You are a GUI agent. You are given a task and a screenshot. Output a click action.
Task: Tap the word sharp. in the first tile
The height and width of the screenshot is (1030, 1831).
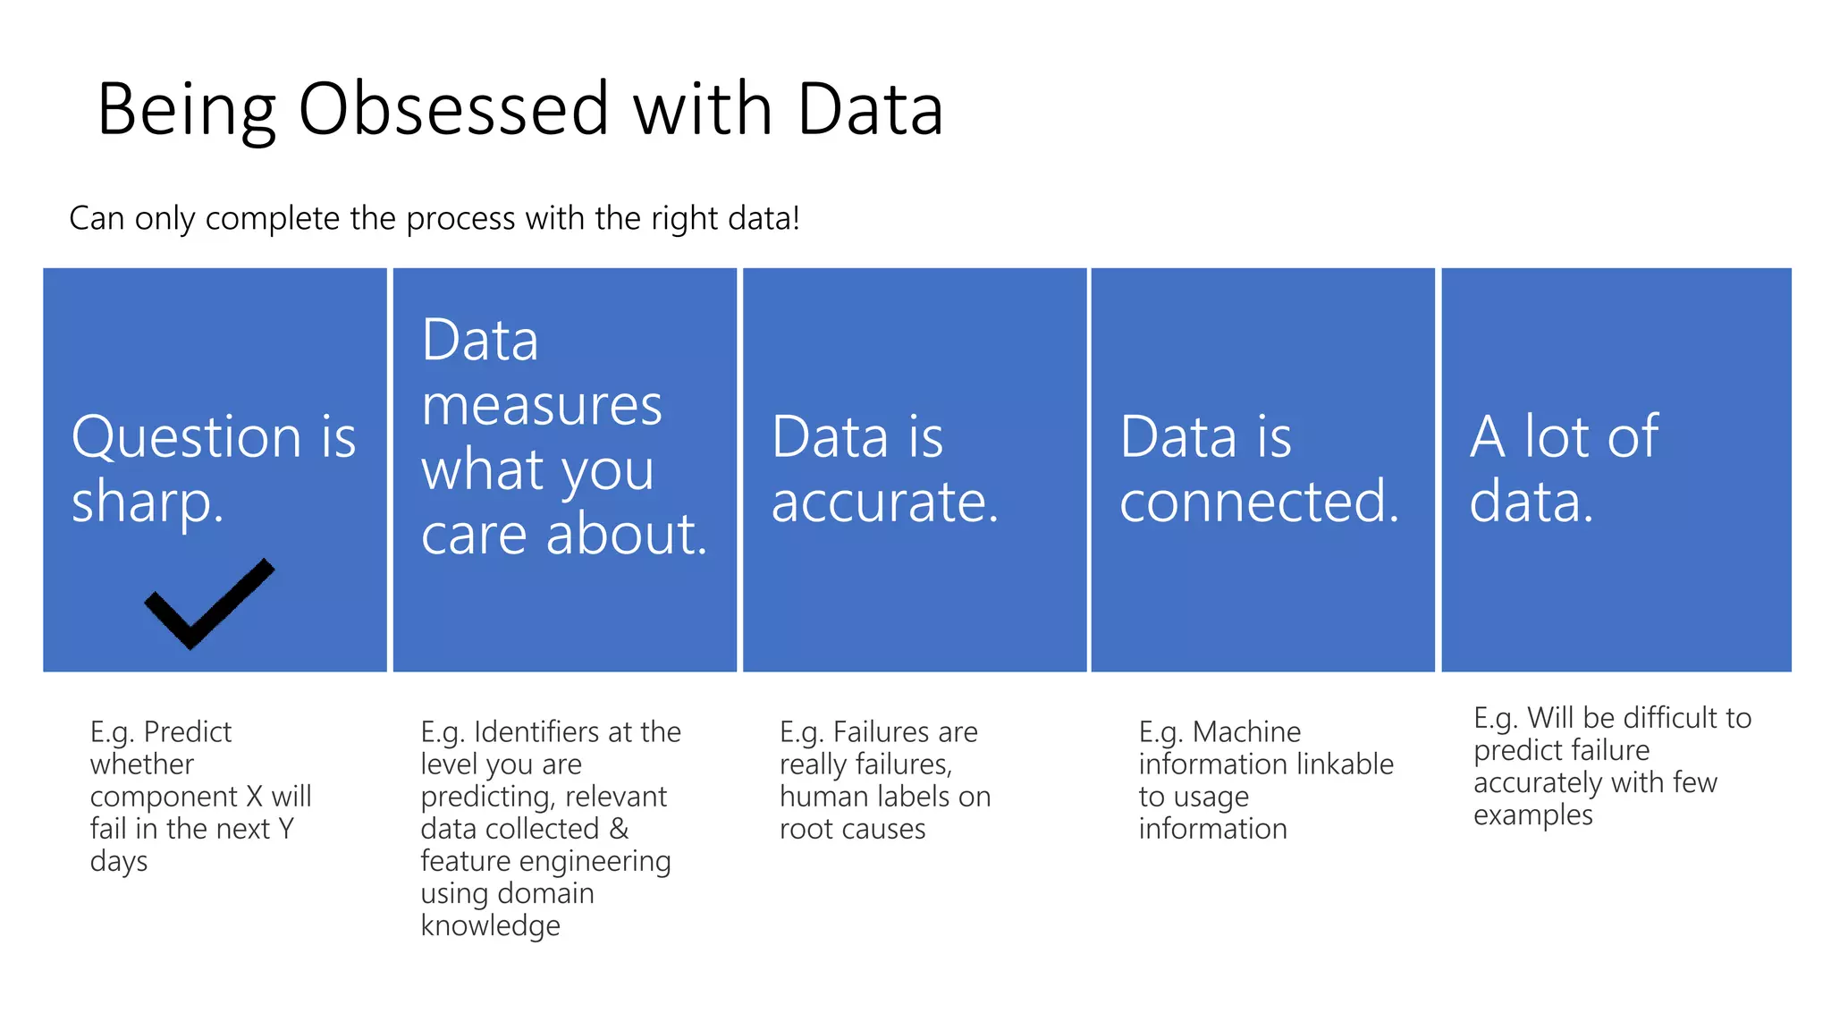coord(147,502)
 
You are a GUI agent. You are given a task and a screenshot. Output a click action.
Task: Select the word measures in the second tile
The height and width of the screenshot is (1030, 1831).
coord(542,406)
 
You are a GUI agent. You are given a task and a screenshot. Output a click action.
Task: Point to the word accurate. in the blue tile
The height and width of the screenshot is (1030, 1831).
coord(884,502)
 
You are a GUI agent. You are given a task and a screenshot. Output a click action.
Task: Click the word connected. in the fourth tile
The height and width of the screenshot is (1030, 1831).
coord(1259,502)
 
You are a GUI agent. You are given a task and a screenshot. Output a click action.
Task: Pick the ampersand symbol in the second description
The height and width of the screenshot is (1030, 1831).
coord(619,829)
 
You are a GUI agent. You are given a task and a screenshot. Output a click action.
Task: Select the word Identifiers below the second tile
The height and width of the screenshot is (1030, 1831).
coord(527,732)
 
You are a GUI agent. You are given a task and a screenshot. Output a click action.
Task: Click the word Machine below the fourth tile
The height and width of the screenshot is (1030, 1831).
coord(1246,732)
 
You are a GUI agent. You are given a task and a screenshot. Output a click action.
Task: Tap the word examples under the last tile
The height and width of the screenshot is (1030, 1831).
coord(1532,815)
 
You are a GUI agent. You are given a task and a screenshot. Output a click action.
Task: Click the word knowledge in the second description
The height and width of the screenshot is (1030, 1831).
coord(490,926)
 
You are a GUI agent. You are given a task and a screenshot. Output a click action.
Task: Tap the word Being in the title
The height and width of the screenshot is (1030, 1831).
coord(186,109)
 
